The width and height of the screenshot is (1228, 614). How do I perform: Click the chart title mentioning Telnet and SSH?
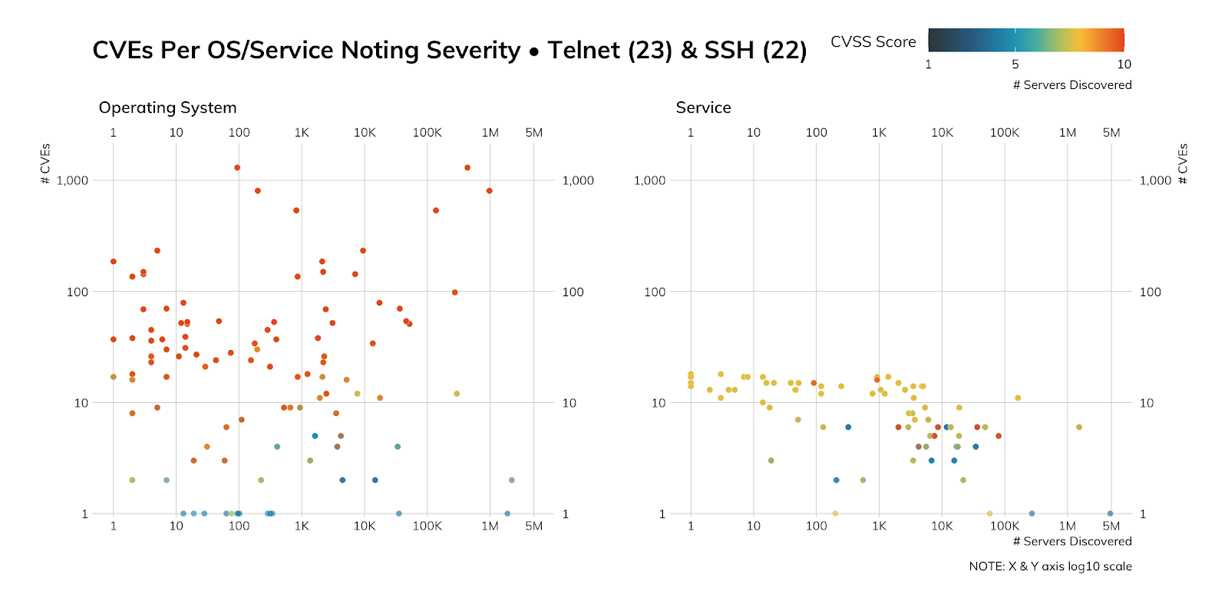click(x=449, y=51)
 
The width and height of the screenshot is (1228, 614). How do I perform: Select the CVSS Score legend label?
click(x=873, y=42)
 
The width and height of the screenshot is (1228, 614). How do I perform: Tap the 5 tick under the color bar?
click(x=1015, y=64)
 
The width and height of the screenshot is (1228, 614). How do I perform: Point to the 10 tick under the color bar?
click(x=1124, y=64)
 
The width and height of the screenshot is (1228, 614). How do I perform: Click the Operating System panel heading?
click(x=167, y=108)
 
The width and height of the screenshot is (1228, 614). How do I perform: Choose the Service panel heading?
click(x=703, y=108)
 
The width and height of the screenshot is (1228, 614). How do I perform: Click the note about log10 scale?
click(x=1050, y=566)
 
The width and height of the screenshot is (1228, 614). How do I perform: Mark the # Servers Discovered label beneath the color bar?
click(x=1071, y=85)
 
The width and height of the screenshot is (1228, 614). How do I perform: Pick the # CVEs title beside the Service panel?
click(x=1183, y=163)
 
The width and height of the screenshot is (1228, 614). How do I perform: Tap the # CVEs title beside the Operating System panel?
click(x=45, y=163)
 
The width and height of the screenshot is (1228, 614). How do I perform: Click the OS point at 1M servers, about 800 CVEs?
click(x=489, y=191)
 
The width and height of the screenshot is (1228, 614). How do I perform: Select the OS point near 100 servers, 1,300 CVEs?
click(x=237, y=167)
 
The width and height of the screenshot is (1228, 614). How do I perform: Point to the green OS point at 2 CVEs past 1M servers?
click(x=511, y=480)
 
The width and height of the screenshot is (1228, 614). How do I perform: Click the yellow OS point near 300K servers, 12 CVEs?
click(x=457, y=394)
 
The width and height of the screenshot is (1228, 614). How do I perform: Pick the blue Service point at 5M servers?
click(x=1110, y=513)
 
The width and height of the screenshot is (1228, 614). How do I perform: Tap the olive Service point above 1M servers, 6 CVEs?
click(x=1079, y=427)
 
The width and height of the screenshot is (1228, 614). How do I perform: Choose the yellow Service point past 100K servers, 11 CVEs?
click(x=1018, y=398)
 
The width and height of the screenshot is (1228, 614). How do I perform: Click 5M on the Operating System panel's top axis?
click(x=533, y=133)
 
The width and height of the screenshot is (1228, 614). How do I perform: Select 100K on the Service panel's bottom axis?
click(x=1004, y=526)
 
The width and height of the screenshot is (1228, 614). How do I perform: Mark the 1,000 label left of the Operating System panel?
click(x=72, y=180)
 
